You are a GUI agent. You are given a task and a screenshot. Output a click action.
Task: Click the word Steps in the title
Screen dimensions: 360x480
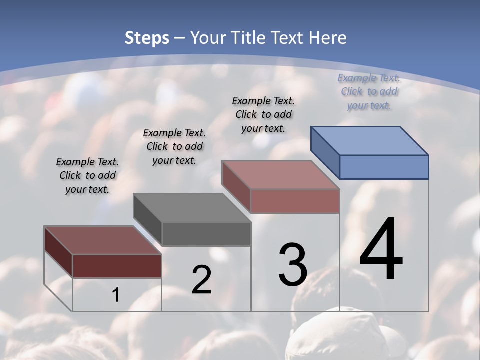click(147, 38)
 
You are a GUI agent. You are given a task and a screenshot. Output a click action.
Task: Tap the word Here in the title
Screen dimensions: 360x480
click(327, 38)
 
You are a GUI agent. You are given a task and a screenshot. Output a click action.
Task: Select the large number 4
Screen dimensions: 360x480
click(381, 250)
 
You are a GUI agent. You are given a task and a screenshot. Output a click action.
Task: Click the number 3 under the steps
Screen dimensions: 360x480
click(292, 265)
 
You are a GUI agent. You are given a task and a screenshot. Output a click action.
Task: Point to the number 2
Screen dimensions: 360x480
click(201, 280)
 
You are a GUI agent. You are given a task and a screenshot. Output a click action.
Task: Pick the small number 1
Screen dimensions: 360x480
click(116, 295)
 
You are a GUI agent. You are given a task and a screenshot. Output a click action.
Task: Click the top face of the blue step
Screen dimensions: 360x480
click(370, 140)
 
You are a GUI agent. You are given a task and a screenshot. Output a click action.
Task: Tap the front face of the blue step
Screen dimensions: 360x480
click(384, 167)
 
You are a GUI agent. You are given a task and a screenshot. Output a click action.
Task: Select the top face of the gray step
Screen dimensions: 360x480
click(192, 208)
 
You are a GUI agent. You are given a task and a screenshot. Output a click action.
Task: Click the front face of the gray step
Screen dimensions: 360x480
click(206, 234)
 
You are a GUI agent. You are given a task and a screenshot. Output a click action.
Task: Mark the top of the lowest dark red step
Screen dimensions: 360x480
click(103, 240)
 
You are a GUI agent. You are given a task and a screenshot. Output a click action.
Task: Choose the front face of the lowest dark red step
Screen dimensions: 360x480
click(117, 266)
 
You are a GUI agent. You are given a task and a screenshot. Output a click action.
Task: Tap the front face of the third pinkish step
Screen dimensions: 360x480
click(295, 201)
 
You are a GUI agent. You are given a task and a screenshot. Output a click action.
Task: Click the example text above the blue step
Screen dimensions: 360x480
click(369, 92)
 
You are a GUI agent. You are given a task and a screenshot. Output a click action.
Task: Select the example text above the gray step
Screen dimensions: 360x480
click(174, 146)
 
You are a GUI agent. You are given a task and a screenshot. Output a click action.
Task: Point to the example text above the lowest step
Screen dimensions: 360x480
click(87, 175)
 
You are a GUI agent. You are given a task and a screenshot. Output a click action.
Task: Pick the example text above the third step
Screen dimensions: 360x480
click(263, 114)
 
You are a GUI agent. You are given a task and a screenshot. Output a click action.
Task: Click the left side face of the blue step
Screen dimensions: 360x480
click(325, 152)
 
